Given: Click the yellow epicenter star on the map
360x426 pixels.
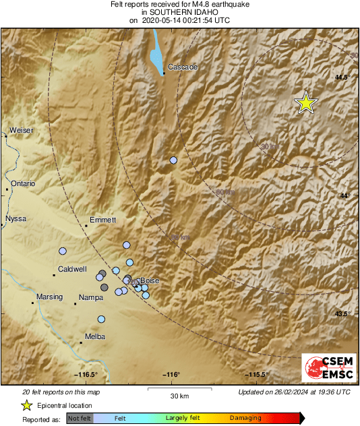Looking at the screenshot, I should point(306,103).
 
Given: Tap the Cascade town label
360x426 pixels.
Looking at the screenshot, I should point(182,67).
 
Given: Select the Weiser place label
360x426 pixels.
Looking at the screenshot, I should point(21,130).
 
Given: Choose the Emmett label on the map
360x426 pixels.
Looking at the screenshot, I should point(102,220).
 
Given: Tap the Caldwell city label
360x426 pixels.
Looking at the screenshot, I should point(72,269).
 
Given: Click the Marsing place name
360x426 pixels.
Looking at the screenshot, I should point(49,297).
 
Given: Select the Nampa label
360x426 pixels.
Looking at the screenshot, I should point(90,297).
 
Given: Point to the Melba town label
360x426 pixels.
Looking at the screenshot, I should point(94,336).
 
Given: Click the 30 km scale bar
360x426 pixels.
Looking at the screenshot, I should point(179,389).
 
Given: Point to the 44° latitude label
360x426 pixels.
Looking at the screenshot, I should point(344,195).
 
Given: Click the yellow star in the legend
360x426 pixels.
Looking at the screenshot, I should point(26,405).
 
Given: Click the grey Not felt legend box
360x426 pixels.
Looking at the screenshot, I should point(80,419).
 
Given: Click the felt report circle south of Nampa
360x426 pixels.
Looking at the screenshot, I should point(101,319).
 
